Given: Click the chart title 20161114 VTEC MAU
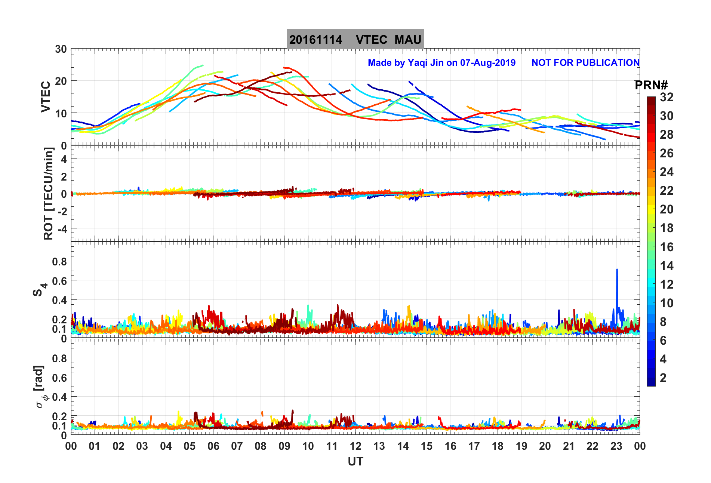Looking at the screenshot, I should pos(355,40).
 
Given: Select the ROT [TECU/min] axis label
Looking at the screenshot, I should pos(49,194).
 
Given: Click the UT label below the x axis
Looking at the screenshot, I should pos(355,462).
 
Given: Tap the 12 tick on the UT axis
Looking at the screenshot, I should pos(355,446).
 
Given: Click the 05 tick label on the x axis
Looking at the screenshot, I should pos(190,446).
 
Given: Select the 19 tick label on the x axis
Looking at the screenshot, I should pos(521,446).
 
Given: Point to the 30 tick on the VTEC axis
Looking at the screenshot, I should pos(61,49).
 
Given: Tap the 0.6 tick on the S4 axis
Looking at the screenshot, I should pos(59,281).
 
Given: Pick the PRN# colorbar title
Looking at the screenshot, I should pos(651,85).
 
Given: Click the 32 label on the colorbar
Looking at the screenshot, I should pos(667,97).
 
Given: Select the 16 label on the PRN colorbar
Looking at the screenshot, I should pos(667,247).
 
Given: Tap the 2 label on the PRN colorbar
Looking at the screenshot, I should pos(663,378).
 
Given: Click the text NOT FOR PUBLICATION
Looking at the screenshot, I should pos(585,63).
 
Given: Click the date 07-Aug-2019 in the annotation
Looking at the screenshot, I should pos(488,63).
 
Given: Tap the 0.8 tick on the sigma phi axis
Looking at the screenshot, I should pos(59,358).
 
